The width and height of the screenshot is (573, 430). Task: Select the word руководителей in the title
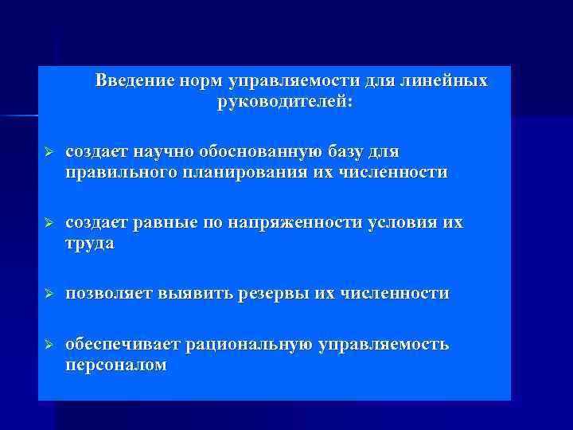[x=279, y=103]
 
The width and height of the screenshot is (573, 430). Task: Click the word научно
[x=159, y=152]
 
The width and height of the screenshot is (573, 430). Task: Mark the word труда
[x=90, y=244]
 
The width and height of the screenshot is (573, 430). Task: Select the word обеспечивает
[x=123, y=345]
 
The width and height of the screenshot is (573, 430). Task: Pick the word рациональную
[x=250, y=345]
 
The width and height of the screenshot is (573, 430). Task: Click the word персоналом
[x=116, y=365]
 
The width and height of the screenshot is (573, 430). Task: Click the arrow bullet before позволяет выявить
[x=47, y=294]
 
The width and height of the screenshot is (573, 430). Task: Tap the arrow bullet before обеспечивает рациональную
[x=47, y=345]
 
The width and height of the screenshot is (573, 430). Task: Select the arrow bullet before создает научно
[x=47, y=152]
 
